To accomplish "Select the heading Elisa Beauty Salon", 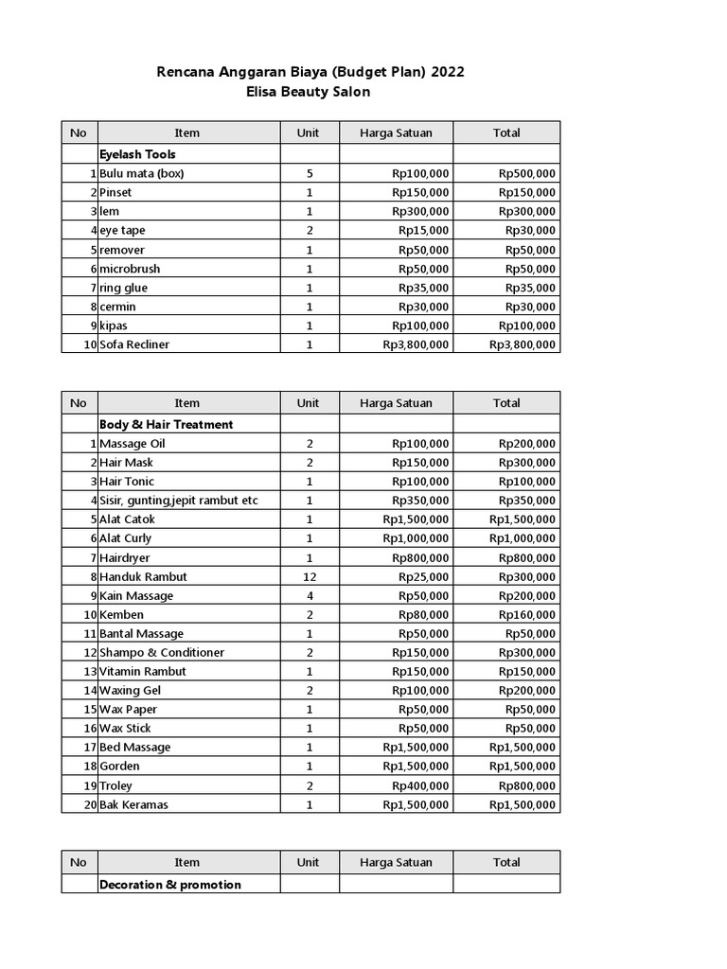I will pos(310,92).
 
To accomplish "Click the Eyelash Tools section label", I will pos(137,154).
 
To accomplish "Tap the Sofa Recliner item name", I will pos(134,344).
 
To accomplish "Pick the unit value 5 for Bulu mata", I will pos(310,174).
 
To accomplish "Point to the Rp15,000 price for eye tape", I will pos(423,231).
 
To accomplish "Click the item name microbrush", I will pos(130,269).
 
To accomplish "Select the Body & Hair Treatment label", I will pos(166,425).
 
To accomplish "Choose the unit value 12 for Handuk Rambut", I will pos(310,576).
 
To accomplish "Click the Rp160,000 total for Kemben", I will pos(527,615).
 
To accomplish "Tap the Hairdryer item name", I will pos(125,557).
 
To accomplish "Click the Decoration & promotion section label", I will pos(169,885).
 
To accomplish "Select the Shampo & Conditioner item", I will pos(162,653).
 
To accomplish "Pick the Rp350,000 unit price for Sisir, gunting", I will pos(420,501).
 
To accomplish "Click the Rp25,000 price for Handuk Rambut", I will pos(423,576).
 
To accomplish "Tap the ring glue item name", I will pos(123,288).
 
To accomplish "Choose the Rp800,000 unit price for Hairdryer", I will pos(420,557).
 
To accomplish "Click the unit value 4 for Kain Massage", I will pos(310,595).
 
